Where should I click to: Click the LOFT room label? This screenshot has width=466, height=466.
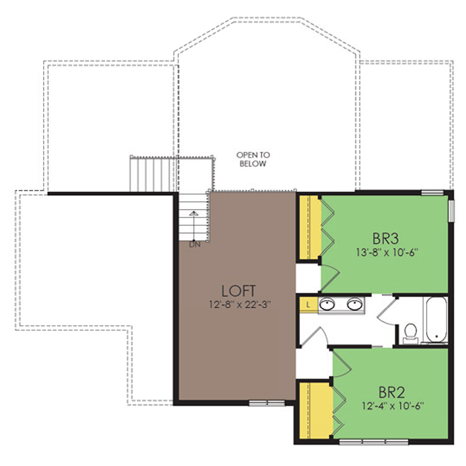tap(238, 292)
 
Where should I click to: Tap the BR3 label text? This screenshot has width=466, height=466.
tap(385, 238)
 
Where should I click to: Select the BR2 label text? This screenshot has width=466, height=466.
tap(391, 393)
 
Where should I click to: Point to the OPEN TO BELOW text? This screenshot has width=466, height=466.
tap(253, 159)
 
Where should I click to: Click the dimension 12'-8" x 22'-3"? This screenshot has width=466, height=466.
tap(240, 305)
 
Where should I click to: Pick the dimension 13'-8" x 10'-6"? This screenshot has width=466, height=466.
tap(387, 252)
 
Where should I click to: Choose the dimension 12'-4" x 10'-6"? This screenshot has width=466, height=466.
tap(393, 406)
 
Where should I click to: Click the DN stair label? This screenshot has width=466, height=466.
tap(195, 245)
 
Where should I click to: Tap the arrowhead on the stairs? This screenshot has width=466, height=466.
tap(194, 213)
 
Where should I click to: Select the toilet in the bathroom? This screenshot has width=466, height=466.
tap(411, 334)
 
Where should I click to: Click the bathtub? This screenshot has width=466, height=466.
tap(436, 320)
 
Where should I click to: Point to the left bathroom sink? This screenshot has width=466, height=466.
tap(328, 304)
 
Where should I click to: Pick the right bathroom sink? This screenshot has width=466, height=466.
tap(355, 304)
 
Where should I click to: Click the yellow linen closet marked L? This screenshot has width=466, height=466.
tap(309, 305)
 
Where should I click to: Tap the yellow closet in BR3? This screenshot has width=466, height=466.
tap(310, 228)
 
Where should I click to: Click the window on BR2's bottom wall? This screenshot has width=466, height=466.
tap(374, 442)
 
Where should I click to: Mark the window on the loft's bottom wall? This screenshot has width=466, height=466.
tap(266, 403)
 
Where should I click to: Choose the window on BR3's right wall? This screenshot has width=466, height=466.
tap(451, 211)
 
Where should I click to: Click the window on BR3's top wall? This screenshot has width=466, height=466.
tap(433, 192)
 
